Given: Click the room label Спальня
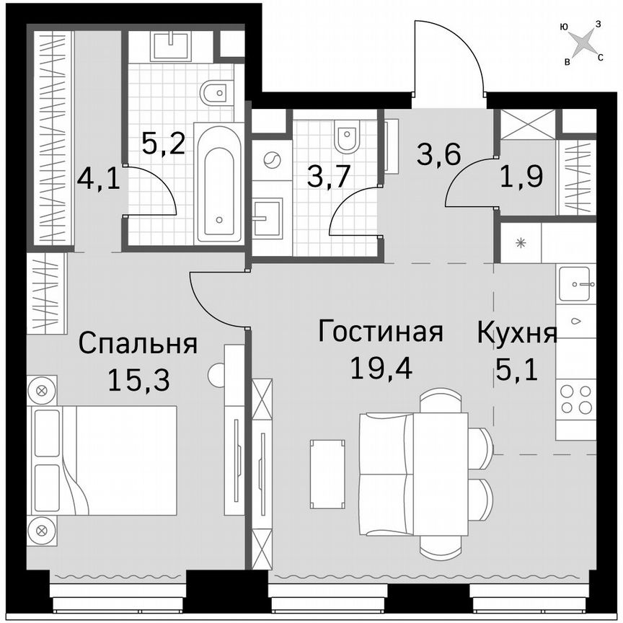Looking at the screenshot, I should (x=138, y=343).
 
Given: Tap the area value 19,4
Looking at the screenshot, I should (x=380, y=368).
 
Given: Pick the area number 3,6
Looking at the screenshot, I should (x=438, y=154).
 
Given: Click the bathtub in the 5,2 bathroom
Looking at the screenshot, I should (x=221, y=183).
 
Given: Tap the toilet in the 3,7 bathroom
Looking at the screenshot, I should (x=347, y=137).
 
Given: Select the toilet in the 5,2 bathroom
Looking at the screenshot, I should (x=216, y=93).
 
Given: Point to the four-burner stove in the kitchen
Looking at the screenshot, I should (x=575, y=399).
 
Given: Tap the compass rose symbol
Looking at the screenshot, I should (x=581, y=44).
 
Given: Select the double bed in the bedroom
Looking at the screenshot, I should (x=102, y=459).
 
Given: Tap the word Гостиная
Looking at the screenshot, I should (x=380, y=332).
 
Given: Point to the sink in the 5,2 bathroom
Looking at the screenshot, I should (x=172, y=45).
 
